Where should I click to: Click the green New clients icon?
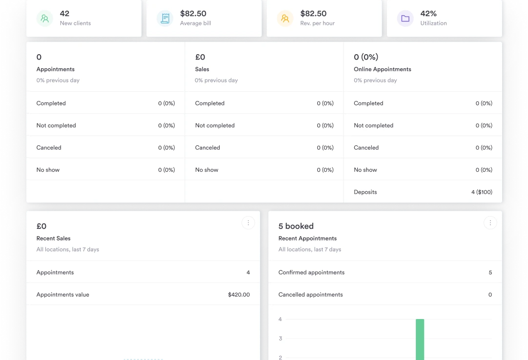point(45,19)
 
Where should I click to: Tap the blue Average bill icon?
point(165,19)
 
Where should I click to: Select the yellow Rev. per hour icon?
point(285,19)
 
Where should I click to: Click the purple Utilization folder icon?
point(405,19)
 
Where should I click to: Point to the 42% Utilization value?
point(428,14)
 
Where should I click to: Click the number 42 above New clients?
point(64,14)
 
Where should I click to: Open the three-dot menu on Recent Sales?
point(248,223)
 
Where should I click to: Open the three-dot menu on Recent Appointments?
point(490,223)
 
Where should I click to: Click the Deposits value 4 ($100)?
point(482,192)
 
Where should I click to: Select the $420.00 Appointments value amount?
point(239,295)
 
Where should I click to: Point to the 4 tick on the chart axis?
point(280,320)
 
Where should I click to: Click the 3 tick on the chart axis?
point(280,339)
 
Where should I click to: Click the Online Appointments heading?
point(382,69)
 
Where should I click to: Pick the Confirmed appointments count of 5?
point(490,273)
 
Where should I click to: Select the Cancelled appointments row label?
point(310,295)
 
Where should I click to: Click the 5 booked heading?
point(296,226)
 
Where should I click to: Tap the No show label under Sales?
point(206,170)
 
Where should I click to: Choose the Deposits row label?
point(365,192)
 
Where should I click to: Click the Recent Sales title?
point(53,239)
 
